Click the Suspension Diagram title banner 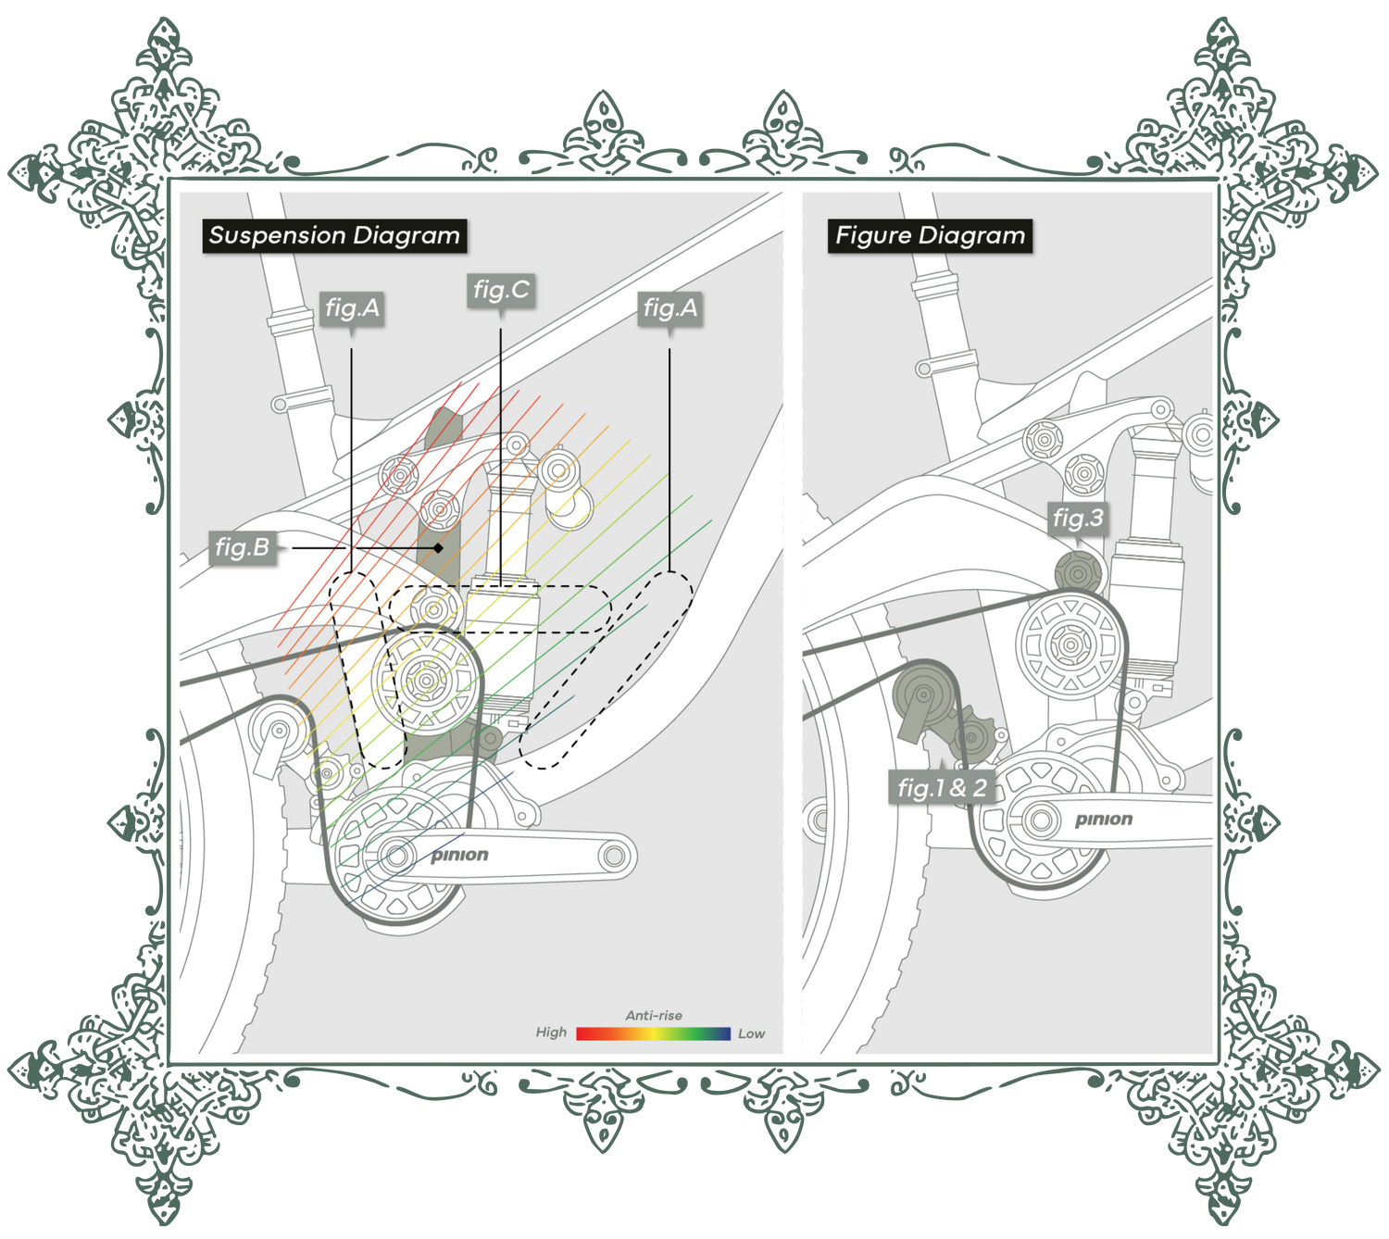[334, 236]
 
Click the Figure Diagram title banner [930, 236]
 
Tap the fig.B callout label [242, 548]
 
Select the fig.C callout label [501, 291]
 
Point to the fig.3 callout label [1078, 519]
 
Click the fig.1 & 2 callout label [942, 788]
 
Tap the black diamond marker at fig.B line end [438, 548]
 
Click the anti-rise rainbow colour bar [654, 1033]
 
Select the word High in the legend [551, 1032]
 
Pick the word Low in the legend [751, 1033]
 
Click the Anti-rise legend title [654, 1016]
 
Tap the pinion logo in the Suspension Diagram [459, 855]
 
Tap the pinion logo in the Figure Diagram [1103, 819]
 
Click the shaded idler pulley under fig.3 [1078, 572]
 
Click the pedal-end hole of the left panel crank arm [614, 856]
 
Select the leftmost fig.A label [353, 307]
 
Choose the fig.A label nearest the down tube [669, 307]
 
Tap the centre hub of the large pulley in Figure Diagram [1070, 645]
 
